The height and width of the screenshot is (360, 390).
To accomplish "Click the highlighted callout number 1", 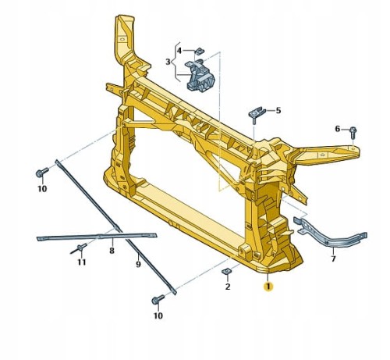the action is point(268,287).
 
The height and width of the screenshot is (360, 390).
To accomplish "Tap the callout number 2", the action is point(228,287).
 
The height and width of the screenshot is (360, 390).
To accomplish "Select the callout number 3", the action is point(168,62).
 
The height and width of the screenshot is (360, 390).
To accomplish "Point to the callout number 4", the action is point(179,51).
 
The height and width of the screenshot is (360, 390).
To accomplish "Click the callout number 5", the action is point(278,110).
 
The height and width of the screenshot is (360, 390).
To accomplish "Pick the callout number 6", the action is point(337,129).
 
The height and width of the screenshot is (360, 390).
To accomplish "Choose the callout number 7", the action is point(333,258).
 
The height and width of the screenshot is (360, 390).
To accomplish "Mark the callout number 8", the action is point(112,251).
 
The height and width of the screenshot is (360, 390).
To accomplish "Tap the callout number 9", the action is point(138,265).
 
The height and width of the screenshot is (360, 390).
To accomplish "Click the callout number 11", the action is point(82,262).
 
